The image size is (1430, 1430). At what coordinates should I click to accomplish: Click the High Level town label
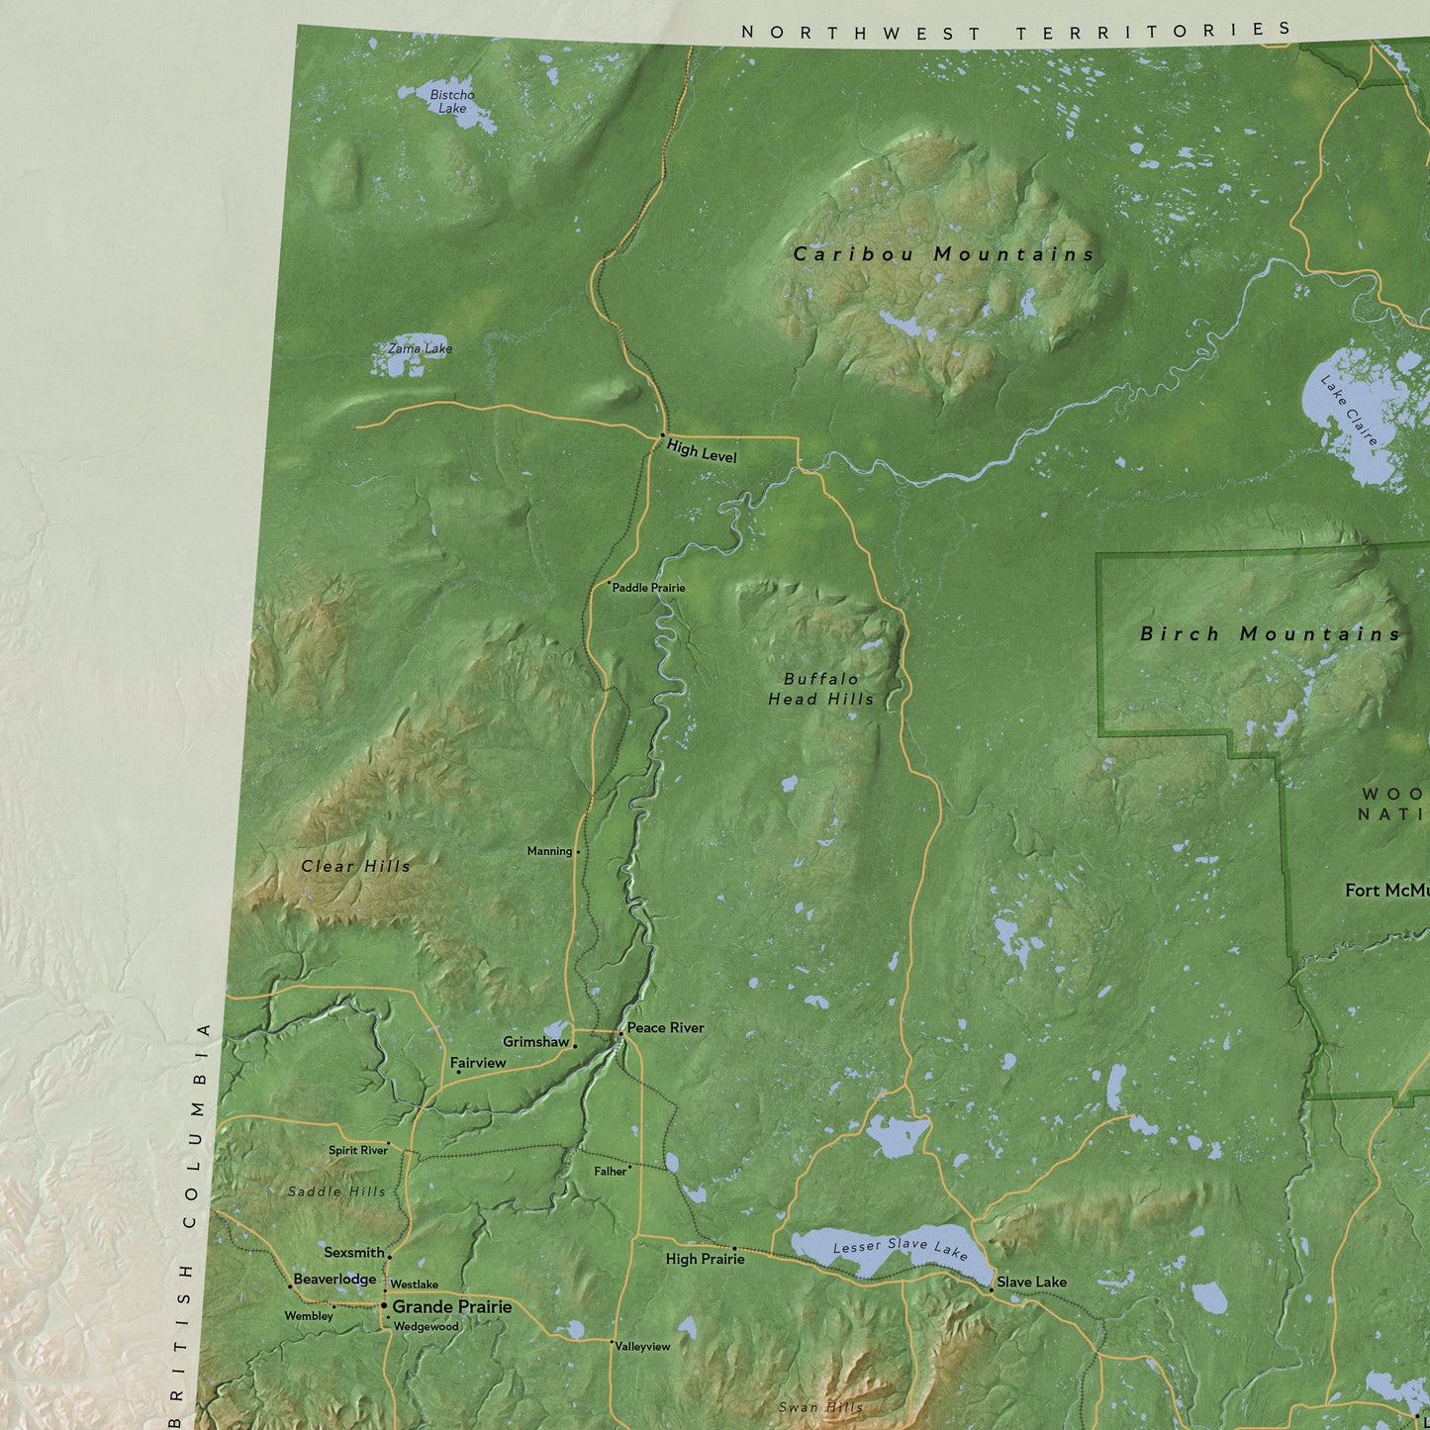click(x=702, y=451)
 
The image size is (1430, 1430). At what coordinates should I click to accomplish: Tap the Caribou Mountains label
click(x=944, y=254)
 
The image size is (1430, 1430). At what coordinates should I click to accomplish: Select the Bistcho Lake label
click(x=452, y=102)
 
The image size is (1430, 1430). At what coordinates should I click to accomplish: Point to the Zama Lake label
click(x=420, y=348)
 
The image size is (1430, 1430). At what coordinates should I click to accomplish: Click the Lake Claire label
click(x=1349, y=410)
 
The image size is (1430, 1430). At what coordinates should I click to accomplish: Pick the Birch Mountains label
click(x=1270, y=634)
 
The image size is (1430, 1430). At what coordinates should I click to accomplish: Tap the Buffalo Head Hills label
click(x=821, y=689)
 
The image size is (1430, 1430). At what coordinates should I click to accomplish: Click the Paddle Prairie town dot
click(x=609, y=583)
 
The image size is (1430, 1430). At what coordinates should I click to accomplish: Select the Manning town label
click(x=549, y=851)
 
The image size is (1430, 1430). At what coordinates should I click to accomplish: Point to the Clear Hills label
click(x=355, y=866)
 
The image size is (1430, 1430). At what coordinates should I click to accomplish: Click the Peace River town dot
click(x=620, y=1033)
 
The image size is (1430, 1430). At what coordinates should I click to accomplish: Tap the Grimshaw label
click(x=535, y=1042)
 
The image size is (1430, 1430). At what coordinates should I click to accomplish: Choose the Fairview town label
click(x=478, y=1063)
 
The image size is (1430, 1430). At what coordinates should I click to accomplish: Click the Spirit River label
click(x=357, y=1150)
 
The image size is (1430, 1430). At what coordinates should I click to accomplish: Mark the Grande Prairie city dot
click(x=384, y=1305)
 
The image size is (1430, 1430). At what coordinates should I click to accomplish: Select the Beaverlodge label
click(x=334, y=1279)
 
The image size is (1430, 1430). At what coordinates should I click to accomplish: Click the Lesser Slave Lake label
click(x=900, y=1248)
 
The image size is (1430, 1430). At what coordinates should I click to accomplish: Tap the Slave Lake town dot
click(x=992, y=1289)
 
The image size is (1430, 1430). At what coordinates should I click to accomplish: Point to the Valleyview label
click(x=642, y=1347)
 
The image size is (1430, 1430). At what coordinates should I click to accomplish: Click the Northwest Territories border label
click(x=1016, y=32)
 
